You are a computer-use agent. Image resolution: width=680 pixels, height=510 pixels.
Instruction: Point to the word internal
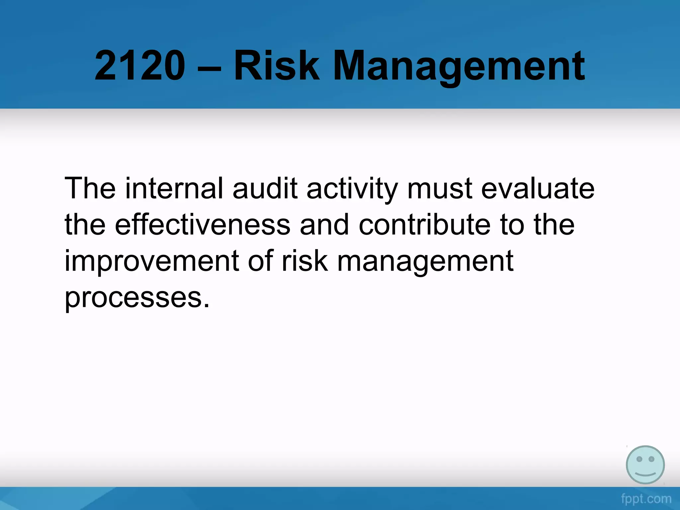pos(174,189)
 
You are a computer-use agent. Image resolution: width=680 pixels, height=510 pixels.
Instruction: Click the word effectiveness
pos(203,225)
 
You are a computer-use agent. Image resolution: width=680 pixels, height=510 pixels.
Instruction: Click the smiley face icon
pos(645,465)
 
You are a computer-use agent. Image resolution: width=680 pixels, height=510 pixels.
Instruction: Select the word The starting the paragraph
pos(90,189)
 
